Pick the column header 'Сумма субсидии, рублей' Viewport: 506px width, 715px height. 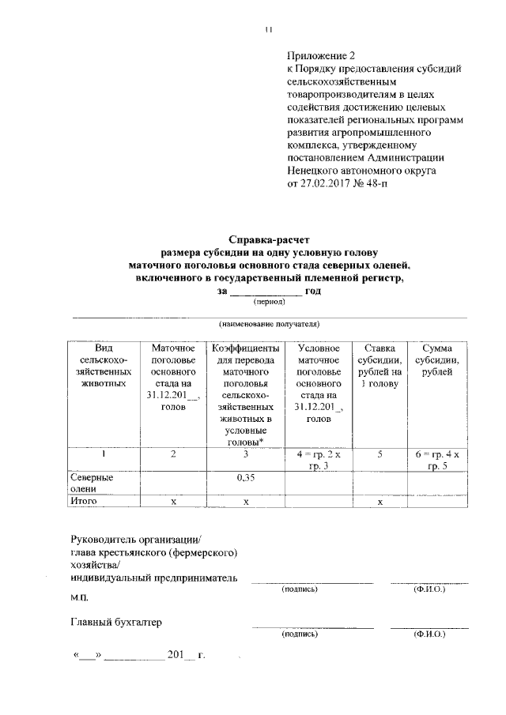(436, 360)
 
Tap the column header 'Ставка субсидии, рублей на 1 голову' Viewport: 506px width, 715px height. (380, 367)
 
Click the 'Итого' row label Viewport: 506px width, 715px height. (85, 502)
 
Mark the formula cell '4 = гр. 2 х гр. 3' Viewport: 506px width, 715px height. (317, 459)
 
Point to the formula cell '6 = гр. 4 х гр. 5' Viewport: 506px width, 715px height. (437, 459)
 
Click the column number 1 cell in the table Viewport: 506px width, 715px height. (103, 453)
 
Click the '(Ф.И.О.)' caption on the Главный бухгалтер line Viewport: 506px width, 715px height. (429, 634)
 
